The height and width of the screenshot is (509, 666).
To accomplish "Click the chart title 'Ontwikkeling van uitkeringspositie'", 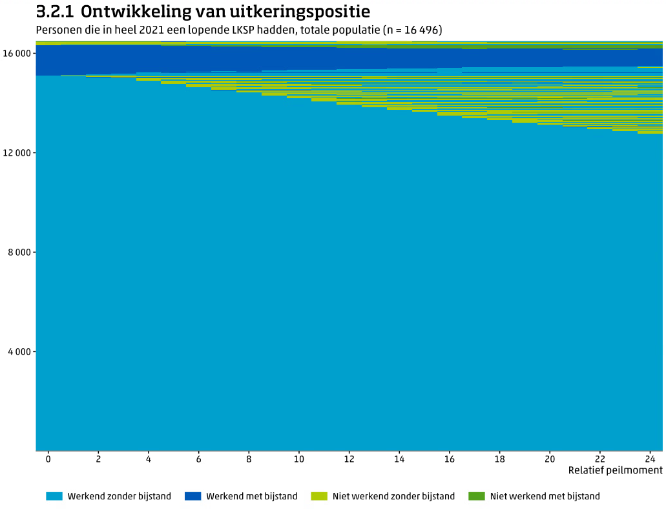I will pyautogui.click(x=225, y=12).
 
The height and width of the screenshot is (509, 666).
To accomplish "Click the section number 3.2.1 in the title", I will pyautogui.click(x=54, y=12).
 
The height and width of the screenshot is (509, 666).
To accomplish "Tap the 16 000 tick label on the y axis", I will pyautogui.click(x=17, y=54).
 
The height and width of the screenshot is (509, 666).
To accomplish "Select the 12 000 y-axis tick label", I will pyautogui.click(x=17, y=153).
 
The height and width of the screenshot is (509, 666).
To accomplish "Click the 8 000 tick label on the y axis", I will pyautogui.click(x=19, y=253).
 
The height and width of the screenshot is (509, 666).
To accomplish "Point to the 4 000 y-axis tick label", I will pyautogui.click(x=19, y=352).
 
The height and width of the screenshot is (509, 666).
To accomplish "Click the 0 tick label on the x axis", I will pyautogui.click(x=48, y=459).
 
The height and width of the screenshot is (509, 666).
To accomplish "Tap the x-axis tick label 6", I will pyautogui.click(x=198, y=459).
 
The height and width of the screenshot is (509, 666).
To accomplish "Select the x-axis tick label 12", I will pyautogui.click(x=349, y=459).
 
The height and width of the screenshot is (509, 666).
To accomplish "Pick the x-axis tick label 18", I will pyautogui.click(x=499, y=459).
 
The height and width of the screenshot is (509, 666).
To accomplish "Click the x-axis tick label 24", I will pyautogui.click(x=650, y=459).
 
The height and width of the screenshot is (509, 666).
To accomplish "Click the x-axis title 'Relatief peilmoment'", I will pyautogui.click(x=615, y=470).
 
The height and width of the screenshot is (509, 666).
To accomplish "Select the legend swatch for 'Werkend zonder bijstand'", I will pyautogui.click(x=54, y=496).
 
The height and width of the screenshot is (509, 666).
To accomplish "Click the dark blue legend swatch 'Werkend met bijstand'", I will pyautogui.click(x=193, y=496).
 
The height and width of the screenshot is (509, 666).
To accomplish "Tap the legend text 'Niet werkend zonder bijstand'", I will pyautogui.click(x=393, y=496).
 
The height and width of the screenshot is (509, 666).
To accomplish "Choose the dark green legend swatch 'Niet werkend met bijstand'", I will pyautogui.click(x=477, y=496).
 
